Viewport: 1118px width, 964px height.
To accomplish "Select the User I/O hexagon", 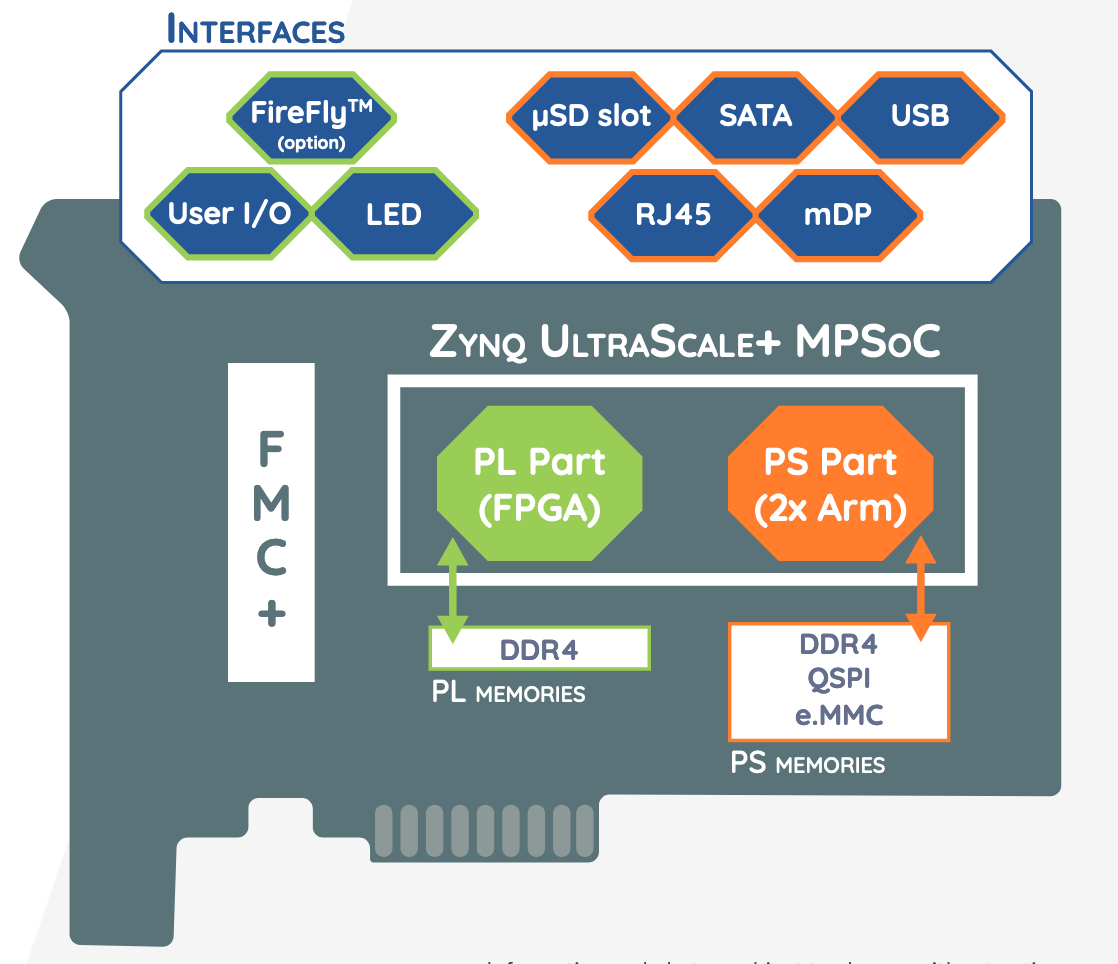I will click(229, 213).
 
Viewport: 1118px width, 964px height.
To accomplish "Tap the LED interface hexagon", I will click(394, 213).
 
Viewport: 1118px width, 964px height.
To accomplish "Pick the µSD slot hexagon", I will click(591, 116).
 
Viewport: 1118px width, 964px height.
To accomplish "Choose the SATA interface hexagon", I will click(755, 116).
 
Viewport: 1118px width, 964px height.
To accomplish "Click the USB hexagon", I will click(920, 116).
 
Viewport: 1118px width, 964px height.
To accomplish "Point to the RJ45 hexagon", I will click(673, 214).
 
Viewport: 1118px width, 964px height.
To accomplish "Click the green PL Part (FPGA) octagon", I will click(539, 486).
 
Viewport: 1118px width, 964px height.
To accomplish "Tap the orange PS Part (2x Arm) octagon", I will click(830, 486).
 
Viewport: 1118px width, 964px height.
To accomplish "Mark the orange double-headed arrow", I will click(920, 590).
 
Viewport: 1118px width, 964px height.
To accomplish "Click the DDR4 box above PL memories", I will click(539, 649).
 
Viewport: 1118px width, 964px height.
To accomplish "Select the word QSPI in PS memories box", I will click(839, 679).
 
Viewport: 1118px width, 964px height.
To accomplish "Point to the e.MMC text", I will click(839, 714).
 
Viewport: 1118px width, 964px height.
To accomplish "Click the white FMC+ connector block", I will click(271, 521).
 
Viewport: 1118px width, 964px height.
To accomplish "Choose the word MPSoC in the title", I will click(868, 342).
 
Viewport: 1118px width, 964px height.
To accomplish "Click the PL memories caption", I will click(508, 692).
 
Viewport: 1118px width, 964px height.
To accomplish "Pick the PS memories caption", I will click(808, 764).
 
